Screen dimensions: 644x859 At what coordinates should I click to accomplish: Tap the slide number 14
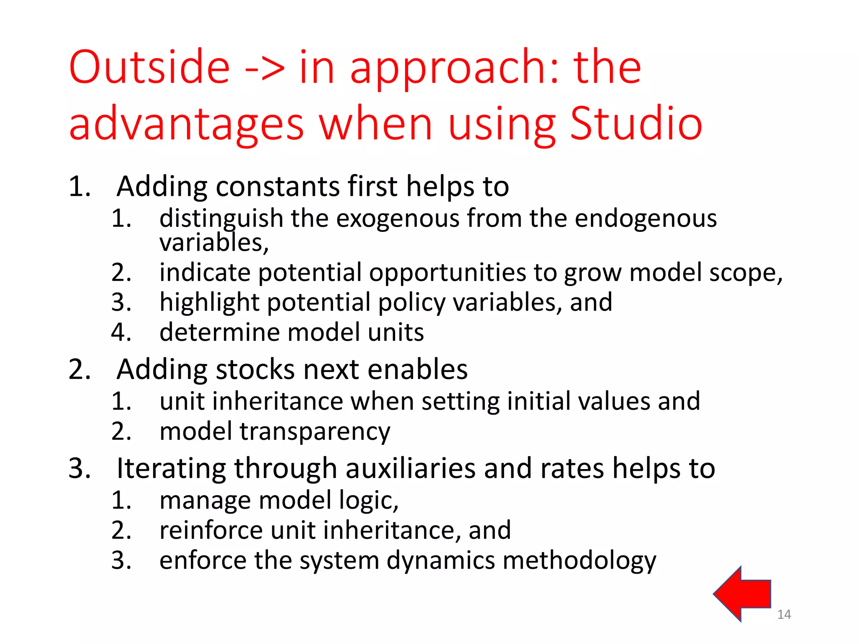784,615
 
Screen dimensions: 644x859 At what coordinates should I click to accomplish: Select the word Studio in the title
636,123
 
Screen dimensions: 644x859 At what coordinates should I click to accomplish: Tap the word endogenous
646,219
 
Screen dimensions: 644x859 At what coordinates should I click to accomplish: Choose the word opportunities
447,273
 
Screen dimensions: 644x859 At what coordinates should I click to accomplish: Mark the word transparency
315,432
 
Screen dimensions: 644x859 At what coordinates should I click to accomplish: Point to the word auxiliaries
411,468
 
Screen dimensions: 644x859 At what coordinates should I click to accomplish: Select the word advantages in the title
186,124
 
